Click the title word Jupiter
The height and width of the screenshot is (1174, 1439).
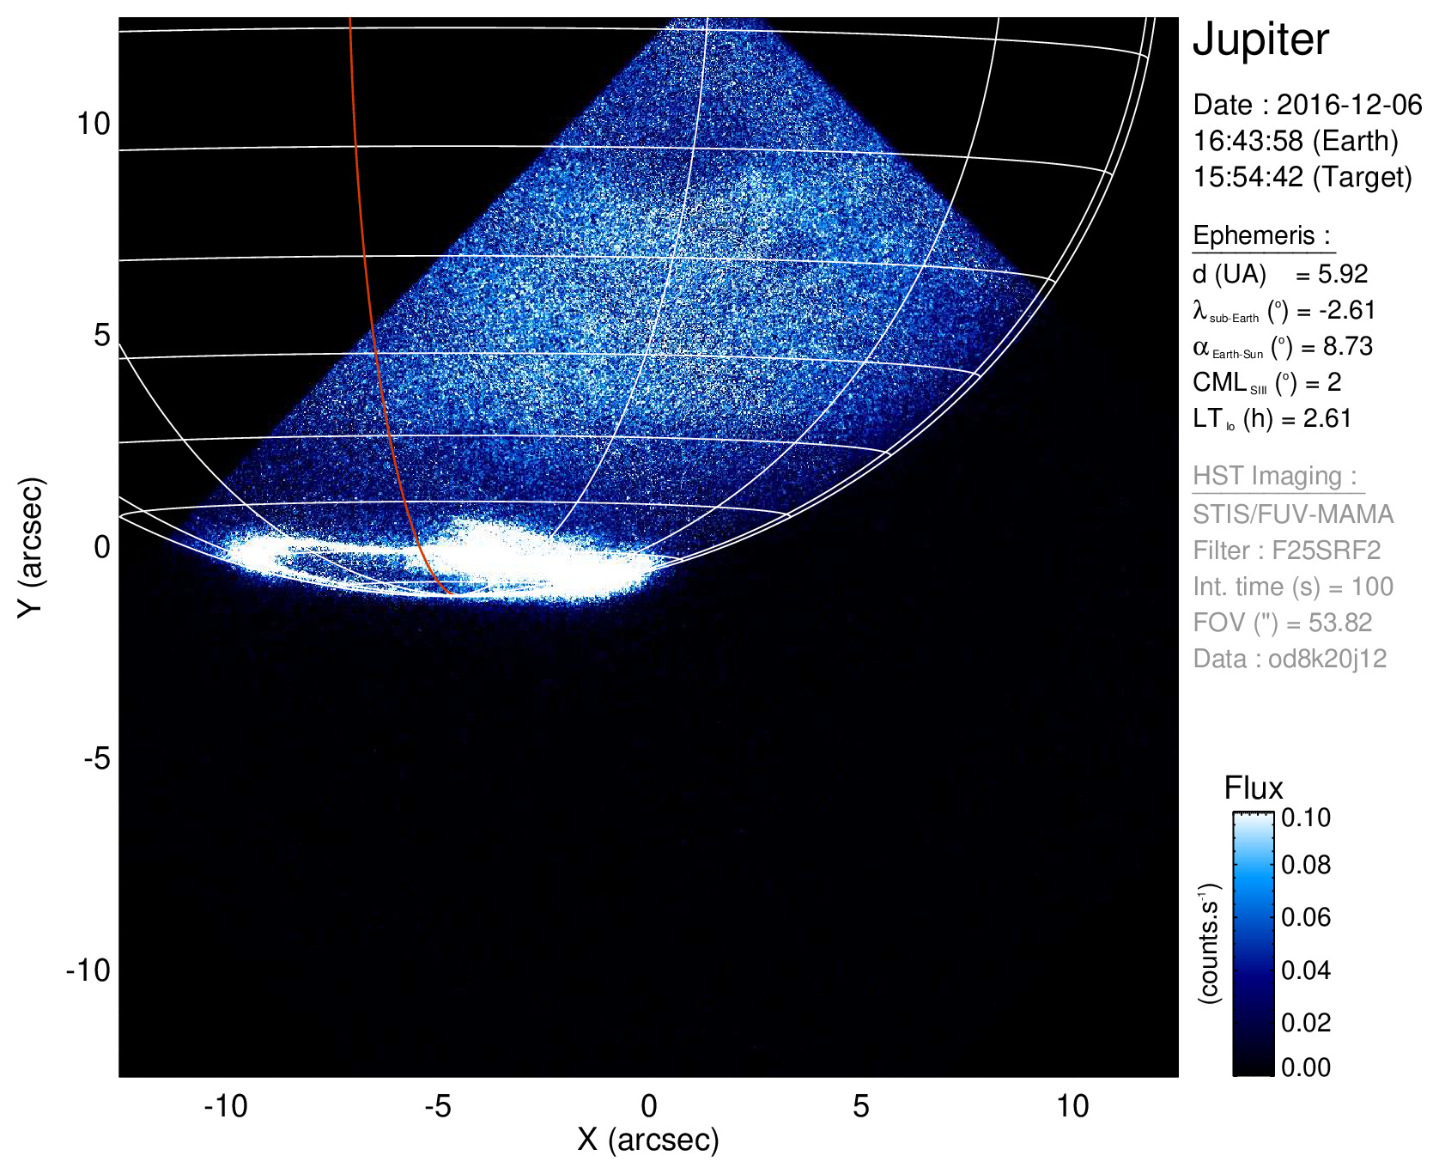[1260, 40]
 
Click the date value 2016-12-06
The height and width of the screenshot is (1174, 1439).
[1349, 105]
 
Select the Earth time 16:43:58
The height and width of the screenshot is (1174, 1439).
[1248, 141]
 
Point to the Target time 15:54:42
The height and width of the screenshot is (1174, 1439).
[1248, 177]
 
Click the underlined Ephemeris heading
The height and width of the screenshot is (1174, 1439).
[1261, 235]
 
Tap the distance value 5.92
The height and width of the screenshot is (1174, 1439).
[1343, 274]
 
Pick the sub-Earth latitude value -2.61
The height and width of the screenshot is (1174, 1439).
[1347, 310]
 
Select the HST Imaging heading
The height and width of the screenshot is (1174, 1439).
[1274, 476]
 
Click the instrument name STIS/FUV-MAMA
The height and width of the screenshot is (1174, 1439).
[1293, 514]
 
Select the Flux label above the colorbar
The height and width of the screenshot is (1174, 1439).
[1254, 788]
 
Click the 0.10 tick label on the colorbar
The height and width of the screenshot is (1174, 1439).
[1306, 818]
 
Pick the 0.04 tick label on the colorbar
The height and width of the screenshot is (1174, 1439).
[1306, 970]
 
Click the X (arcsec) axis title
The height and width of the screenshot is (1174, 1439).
[648, 1140]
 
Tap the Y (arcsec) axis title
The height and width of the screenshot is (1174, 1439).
[31, 547]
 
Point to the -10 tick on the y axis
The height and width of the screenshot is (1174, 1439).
[88, 970]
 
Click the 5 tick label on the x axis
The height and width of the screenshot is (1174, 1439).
[860, 1106]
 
